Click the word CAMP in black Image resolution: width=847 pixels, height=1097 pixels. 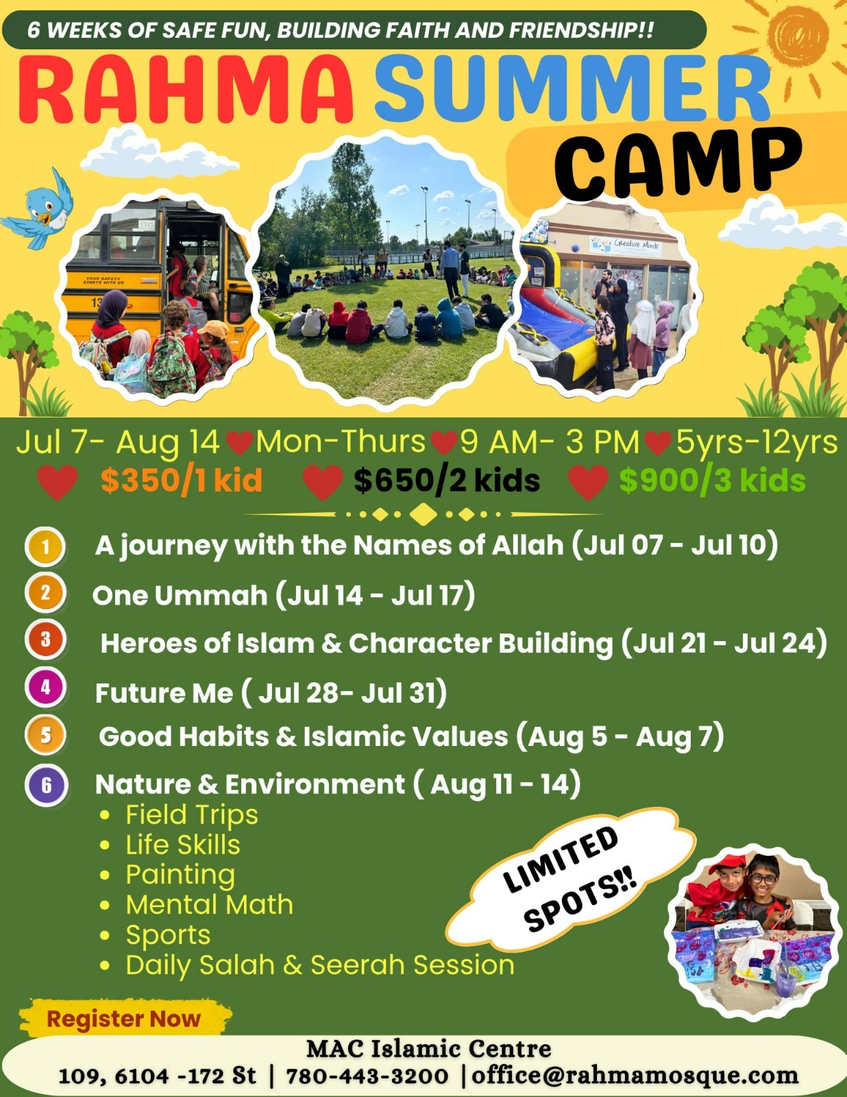(x=678, y=164)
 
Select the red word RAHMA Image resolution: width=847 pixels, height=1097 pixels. (x=185, y=90)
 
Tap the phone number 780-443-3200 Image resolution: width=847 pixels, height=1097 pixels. (x=367, y=1075)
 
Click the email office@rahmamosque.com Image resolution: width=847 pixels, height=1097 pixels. (x=635, y=1075)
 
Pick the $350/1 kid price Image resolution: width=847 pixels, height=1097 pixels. (x=181, y=480)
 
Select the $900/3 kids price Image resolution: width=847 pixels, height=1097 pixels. (x=712, y=480)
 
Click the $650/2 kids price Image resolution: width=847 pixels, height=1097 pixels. (x=446, y=480)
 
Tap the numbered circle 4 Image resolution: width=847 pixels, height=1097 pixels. (x=45, y=687)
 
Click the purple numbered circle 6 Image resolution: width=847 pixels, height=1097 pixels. (x=47, y=785)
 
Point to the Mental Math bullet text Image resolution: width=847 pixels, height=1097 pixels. (x=210, y=904)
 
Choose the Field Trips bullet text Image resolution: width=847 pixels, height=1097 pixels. (x=192, y=815)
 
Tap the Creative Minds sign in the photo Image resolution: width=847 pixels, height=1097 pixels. (x=626, y=246)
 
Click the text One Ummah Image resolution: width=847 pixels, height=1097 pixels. (x=180, y=595)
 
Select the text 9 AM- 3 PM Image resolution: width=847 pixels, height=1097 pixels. (x=550, y=442)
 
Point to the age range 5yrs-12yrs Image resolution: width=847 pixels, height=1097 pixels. (x=757, y=443)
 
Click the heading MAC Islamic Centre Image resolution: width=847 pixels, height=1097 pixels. (x=428, y=1049)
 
